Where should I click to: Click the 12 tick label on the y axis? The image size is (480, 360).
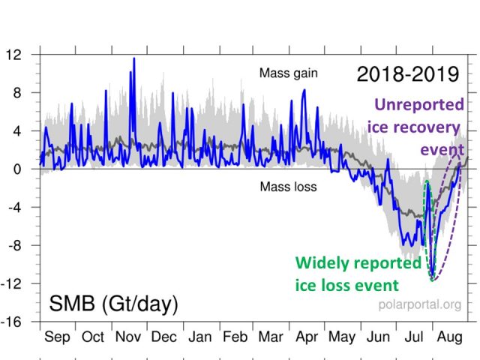click(x=15, y=55)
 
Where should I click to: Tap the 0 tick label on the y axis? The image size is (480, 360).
click(x=20, y=169)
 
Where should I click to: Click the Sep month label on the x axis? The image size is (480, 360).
click(x=57, y=337)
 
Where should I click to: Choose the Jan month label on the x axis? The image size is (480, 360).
click(x=199, y=337)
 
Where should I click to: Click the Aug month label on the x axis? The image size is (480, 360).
click(x=448, y=337)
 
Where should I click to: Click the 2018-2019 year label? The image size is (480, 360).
click(x=406, y=74)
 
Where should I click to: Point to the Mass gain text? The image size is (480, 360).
click(x=289, y=73)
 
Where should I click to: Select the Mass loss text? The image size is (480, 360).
click(x=289, y=186)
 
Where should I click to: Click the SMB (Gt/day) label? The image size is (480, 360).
click(x=114, y=304)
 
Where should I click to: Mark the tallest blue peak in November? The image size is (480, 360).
click(x=133, y=58)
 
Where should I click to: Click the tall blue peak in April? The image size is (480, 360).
click(x=304, y=90)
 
